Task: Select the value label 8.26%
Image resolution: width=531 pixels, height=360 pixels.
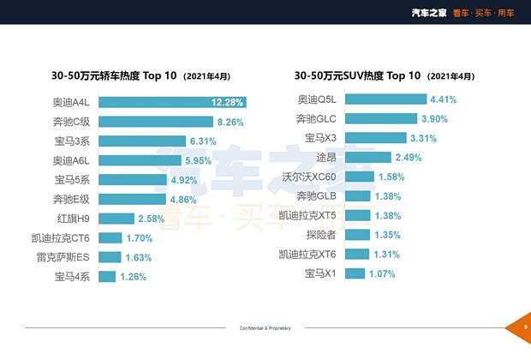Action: coord(231,122)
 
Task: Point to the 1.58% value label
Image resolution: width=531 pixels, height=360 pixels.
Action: coord(391,177)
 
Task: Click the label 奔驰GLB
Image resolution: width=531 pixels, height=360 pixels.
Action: coord(320,196)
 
